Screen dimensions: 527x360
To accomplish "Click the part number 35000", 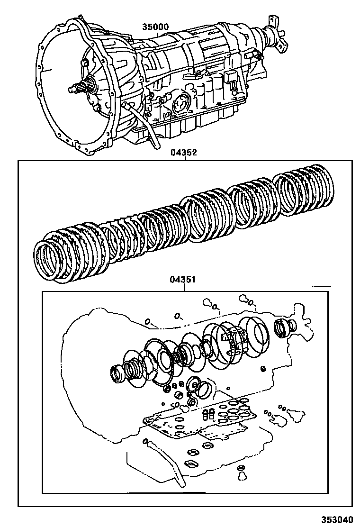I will click(x=155, y=27).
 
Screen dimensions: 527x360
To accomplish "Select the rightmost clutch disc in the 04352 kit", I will click(x=303, y=190).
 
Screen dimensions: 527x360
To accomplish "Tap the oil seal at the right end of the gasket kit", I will click(x=284, y=327).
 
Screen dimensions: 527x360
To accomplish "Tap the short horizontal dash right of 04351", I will click(x=321, y=286).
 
